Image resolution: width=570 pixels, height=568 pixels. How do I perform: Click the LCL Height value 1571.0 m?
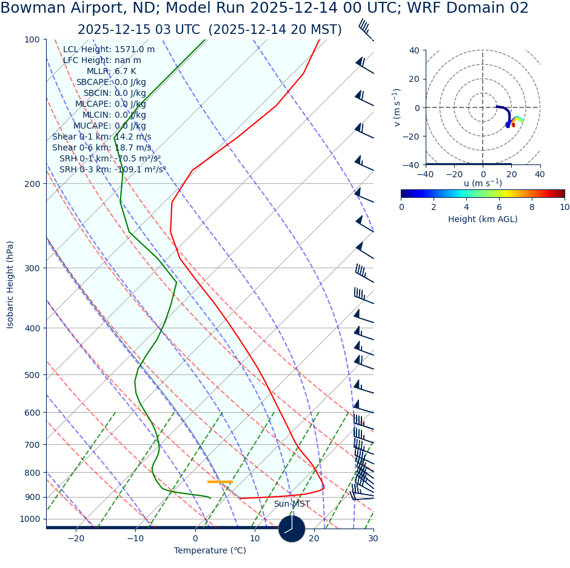[x=134, y=50]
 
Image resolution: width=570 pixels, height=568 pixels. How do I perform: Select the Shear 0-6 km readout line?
[x=101, y=148]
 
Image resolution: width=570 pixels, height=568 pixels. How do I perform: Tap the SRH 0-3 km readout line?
[x=112, y=170]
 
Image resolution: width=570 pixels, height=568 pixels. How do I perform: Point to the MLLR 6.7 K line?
[x=111, y=72]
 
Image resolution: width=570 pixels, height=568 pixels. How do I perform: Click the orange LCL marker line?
[x=220, y=482]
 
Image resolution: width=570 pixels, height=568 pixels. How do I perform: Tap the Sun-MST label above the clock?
[x=292, y=504]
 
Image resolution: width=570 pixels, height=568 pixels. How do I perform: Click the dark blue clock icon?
[x=292, y=529]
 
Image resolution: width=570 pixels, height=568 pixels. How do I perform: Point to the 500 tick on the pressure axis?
[x=31, y=375]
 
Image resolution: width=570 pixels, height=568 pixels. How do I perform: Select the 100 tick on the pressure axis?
[x=31, y=39]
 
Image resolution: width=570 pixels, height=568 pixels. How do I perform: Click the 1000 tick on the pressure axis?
[x=29, y=519]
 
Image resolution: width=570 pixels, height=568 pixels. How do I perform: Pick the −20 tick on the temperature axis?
[x=76, y=539]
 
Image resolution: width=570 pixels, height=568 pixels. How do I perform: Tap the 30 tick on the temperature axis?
[x=373, y=539]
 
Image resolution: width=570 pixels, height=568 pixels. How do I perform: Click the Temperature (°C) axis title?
[x=210, y=551]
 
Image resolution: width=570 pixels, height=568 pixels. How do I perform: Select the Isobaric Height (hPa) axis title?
[x=10, y=285]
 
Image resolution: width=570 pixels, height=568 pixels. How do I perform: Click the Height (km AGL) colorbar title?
[x=483, y=220]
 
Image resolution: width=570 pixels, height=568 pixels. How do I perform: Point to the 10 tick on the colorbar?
[x=565, y=207]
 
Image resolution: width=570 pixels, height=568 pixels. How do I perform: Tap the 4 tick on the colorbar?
[x=466, y=207]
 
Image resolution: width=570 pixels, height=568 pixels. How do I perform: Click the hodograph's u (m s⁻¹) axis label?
[x=483, y=183]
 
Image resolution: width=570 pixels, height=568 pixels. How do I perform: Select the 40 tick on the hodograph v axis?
[x=414, y=50]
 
